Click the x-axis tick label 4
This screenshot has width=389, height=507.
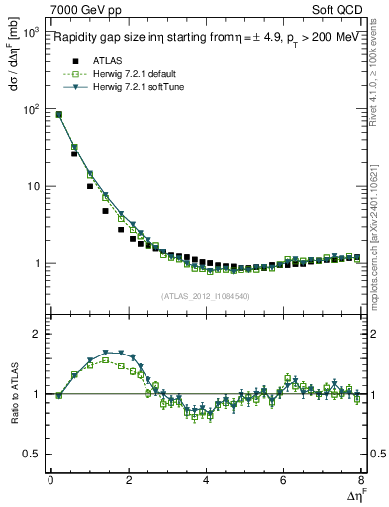point(206,480)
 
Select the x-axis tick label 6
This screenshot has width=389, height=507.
point(283,480)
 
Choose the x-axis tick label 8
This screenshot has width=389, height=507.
point(361,480)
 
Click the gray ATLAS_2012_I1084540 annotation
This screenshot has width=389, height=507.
point(205,295)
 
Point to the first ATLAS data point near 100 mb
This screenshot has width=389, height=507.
point(58,115)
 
